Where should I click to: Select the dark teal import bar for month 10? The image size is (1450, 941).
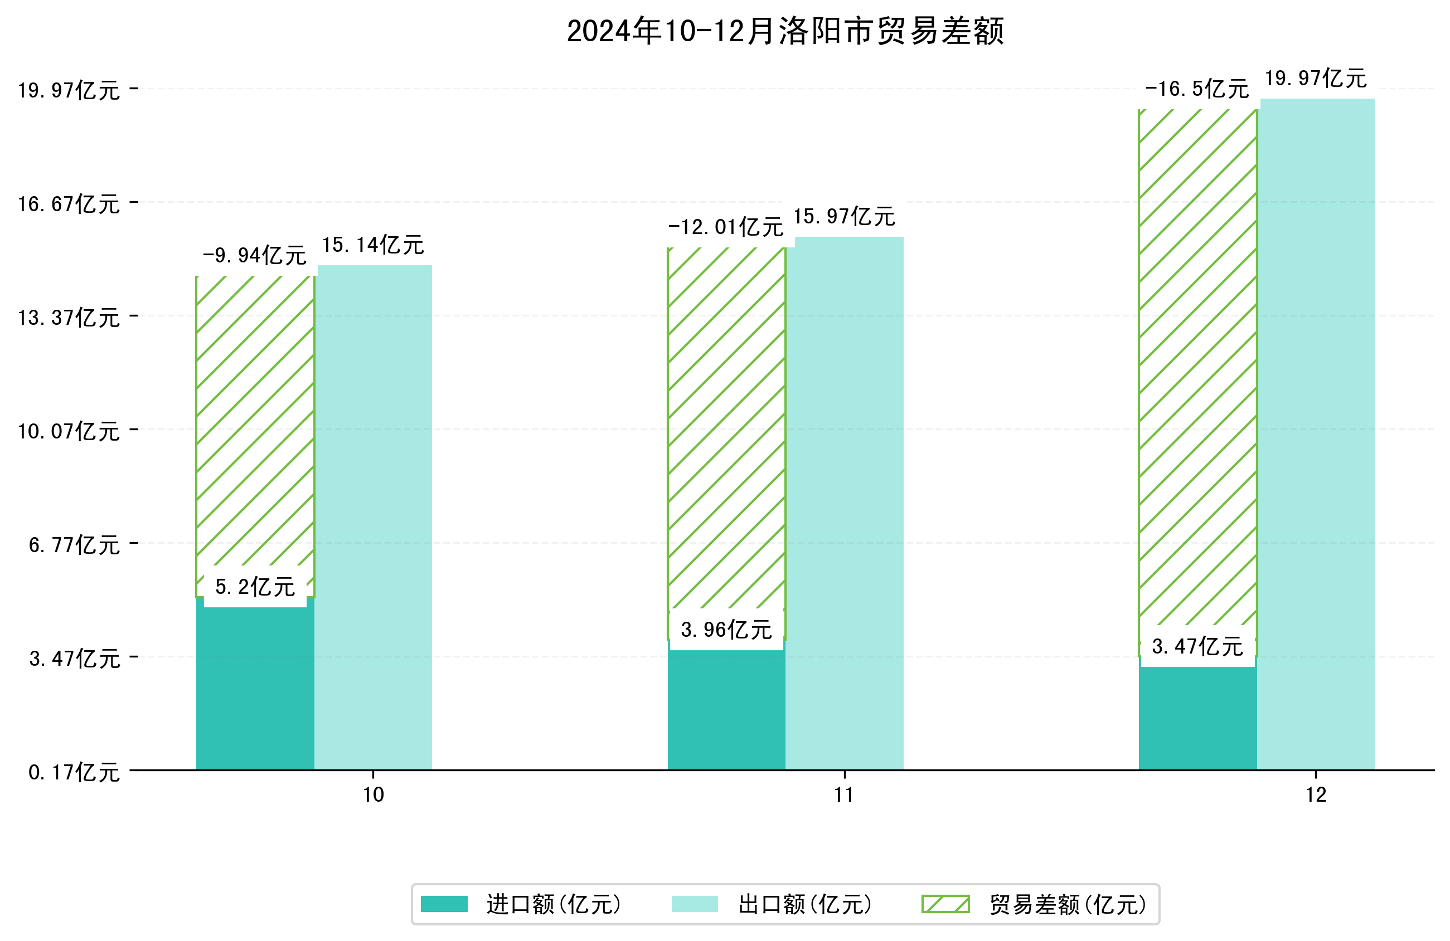point(255,688)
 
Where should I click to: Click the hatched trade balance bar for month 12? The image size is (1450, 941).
point(1197,365)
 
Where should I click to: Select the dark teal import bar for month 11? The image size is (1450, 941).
point(726,710)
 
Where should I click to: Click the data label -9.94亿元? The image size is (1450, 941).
point(255,256)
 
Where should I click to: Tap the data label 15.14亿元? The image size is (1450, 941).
point(373,245)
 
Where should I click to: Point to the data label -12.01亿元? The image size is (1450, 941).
point(726,227)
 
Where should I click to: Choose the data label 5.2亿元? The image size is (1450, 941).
point(255,587)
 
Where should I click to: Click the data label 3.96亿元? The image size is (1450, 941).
point(726,630)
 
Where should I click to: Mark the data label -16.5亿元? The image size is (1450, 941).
point(1197,90)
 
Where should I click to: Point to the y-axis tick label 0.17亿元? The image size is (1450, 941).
point(74,773)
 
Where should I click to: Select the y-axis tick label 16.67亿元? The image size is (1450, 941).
point(69,204)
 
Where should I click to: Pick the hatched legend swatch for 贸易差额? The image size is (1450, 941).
point(945,904)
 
